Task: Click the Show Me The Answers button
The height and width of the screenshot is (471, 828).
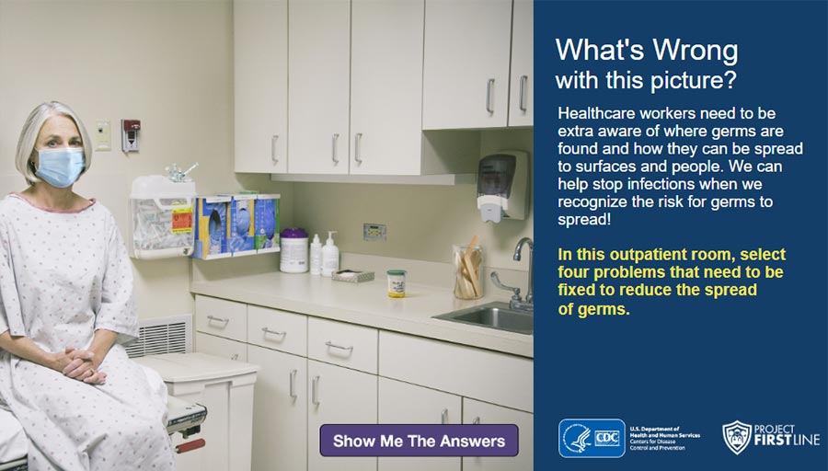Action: click(419, 441)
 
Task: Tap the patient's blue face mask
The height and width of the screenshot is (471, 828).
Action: click(60, 167)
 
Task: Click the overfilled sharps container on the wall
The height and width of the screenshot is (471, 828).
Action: click(162, 214)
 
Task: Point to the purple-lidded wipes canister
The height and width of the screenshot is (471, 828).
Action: click(293, 250)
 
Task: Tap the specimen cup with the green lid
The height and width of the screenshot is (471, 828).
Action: click(396, 282)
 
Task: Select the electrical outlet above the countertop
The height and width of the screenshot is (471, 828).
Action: click(374, 232)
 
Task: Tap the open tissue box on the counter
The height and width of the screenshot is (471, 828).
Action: click(352, 275)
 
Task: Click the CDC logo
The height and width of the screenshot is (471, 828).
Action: click(592, 438)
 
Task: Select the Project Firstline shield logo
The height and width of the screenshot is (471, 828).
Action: click(737, 439)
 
